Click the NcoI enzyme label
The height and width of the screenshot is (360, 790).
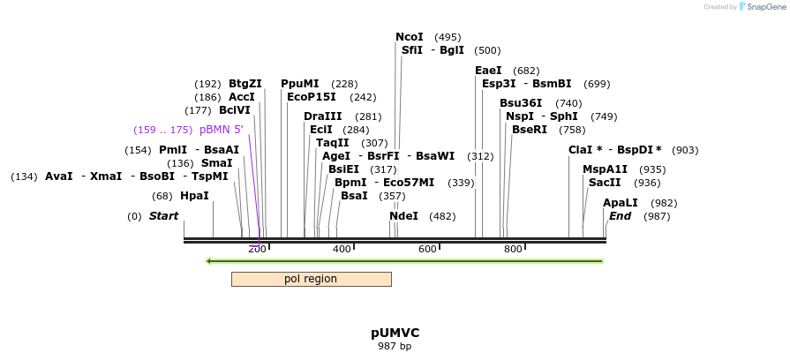pyautogui.click(x=410, y=37)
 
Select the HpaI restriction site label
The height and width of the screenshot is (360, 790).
pyautogui.click(x=194, y=196)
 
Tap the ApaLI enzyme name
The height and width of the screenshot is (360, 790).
pyautogui.click(x=621, y=203)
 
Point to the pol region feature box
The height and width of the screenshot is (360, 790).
pyautogui.click(x=311, y=279)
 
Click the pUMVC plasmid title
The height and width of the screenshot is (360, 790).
pyautogui.click(x=395, y=333)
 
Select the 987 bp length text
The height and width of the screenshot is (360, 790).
pyautogui.click(x=395, y=346)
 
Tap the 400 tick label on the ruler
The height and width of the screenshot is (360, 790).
pyautogui.click(x=342, y=250)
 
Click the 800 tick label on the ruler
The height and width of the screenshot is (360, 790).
pyautogui.click(x=513, y=250)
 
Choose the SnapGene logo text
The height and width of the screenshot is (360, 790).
pyautogui.click(x=765, y=7)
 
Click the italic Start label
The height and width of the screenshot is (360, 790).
pyautogui.click(x=163, y=216)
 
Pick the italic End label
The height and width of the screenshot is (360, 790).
pyautogui.click(x=621, y=216)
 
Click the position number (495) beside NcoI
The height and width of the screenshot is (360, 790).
pyautogui.click(x=448, y=38)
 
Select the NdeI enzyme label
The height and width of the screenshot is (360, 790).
pyautogui.click(x=403, y=216)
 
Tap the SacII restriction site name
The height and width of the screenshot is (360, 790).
pyautogui.click(x=605, y=183)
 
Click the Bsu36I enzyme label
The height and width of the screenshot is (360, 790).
pyautogui.click(x=521, y=103)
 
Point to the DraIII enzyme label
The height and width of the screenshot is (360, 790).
pyautogui.click(x=322, y=116)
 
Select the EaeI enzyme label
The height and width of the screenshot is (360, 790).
pyautogui.click(x=488, y=71)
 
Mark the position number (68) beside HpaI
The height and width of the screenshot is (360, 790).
pyautogui.click(x=162, y=196)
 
